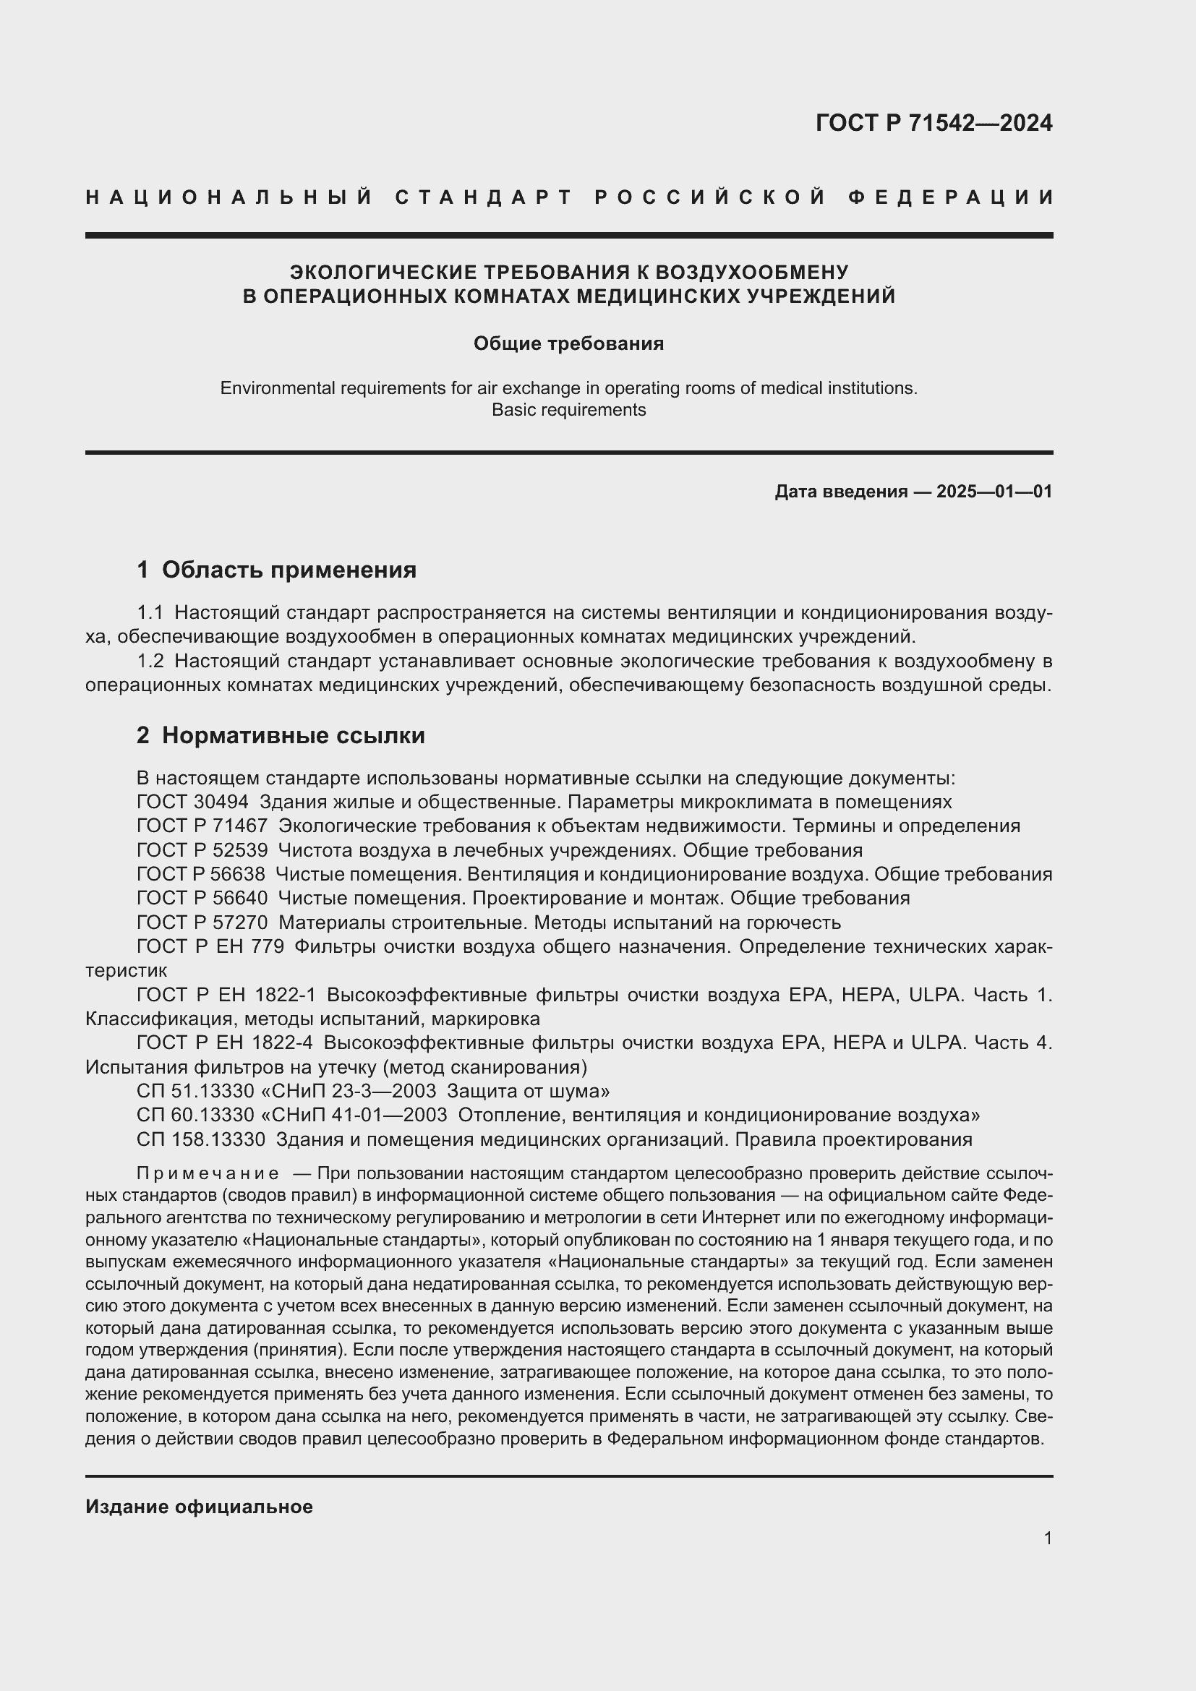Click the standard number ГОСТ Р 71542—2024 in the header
(x=933, y=122)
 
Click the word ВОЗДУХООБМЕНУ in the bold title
(x=751, y=273)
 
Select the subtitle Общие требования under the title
(x=568, y=344)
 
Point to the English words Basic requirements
(x=568, y=410)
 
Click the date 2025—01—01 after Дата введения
(x=994, y=491)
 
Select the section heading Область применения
(x=289, y=569)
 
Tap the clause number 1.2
(x=150, y=661)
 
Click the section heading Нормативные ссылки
(x=293, y=735)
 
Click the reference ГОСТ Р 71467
(x=202, y=826)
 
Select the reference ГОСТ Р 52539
(x=202, y=850)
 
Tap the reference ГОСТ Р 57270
(x=202, y=922)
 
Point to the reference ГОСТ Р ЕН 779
(x=210, y=946)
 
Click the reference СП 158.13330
(x=200, y=1139)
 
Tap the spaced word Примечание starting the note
(x=208, y=1173)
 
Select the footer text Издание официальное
(x=199, y=1507)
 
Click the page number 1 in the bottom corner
(x=1048, y=1538)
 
